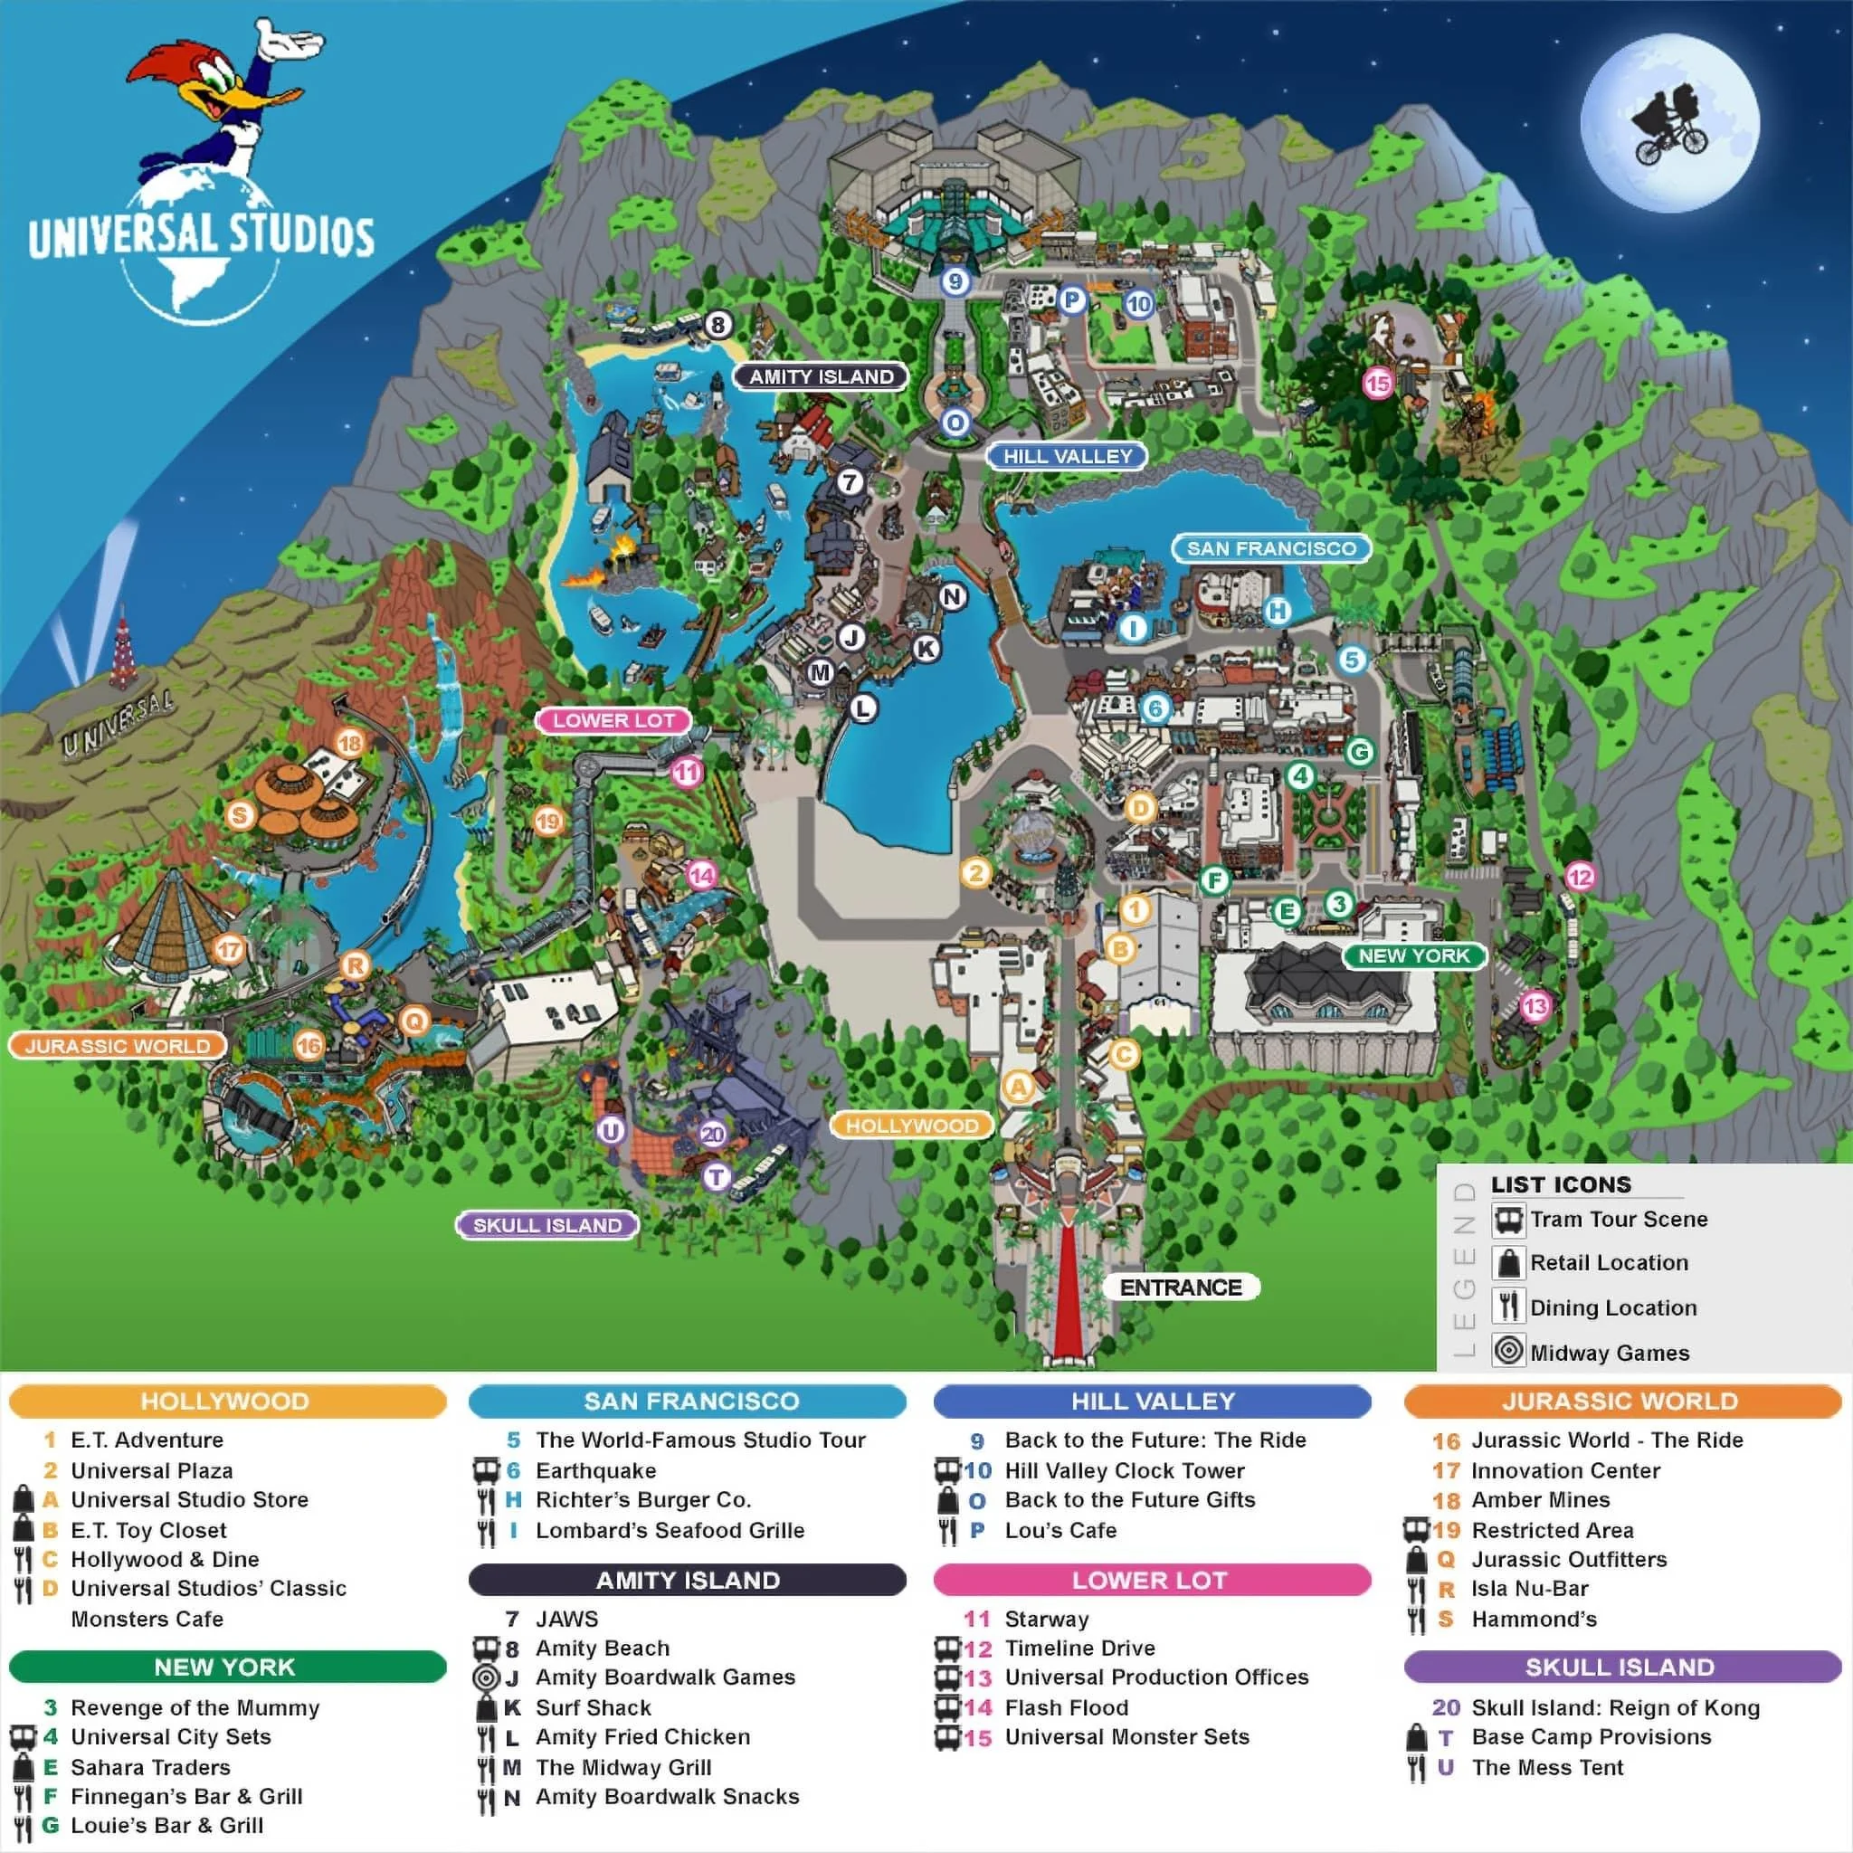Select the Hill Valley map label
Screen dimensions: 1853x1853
(1067, 457)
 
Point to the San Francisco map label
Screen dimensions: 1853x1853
(1271, 548)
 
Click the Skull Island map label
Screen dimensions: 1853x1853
(546, 1225)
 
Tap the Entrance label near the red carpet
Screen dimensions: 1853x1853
(1180, 1288)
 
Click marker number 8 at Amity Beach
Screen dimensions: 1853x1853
(718, 324)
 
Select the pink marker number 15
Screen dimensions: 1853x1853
(1377, 384)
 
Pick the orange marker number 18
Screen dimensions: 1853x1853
(350, 742)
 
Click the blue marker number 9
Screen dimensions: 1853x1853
(955, 281)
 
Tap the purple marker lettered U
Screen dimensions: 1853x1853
(611, 1131)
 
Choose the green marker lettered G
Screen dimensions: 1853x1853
(1359, 752)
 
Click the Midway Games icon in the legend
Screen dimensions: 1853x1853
(1508, 1351)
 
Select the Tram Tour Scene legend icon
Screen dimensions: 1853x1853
(1508, 1220)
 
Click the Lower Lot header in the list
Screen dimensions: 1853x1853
(1151, 1580)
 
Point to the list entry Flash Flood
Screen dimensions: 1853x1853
(1066, 1707)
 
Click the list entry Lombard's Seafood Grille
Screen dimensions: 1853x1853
(670, 1530)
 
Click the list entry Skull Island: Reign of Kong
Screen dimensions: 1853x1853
(1615, 1707)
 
